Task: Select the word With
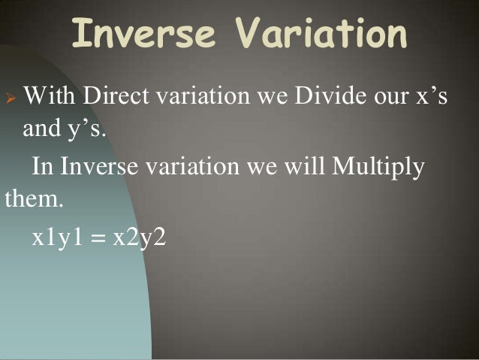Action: tap(50, 98)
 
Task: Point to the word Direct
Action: tap(116, 98)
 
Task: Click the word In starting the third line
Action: tap(41, 166)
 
